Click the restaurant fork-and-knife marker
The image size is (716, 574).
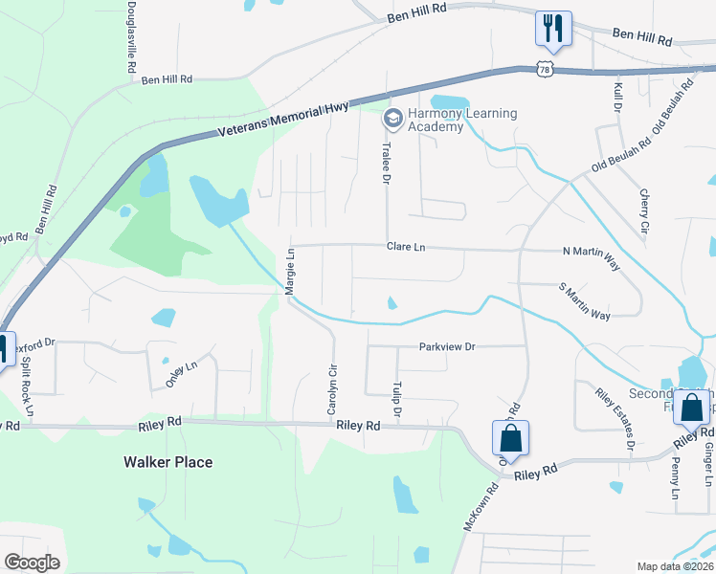(x=552, y=28)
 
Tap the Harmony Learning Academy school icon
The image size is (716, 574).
(x=392, y=119)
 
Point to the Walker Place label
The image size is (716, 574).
(x=168, y=462)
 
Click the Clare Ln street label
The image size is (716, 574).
(x=405, y=247)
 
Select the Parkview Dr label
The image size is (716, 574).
(x=447, y=346)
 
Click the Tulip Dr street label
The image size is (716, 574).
(x=395, y=400)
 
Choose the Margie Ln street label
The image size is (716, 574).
(x=289, y=270)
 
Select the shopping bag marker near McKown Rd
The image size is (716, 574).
(x=511, y=438)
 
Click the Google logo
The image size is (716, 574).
(x=33, y=563)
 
